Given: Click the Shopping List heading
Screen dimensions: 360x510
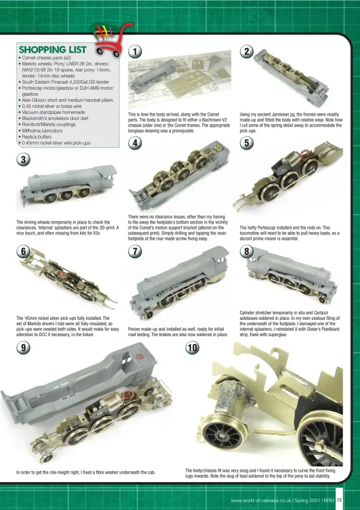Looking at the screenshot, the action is point(53,50).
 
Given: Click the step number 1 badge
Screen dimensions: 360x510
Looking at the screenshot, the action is point(135,51).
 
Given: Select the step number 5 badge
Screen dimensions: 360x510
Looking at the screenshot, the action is point(247,143).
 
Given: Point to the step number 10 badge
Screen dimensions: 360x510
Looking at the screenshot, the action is point(192,348).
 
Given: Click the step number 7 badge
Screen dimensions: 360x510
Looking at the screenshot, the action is point(135,251).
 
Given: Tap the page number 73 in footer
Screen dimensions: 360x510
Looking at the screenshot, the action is point(339,500).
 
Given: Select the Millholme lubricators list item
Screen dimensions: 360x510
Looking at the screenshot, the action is point(42,130).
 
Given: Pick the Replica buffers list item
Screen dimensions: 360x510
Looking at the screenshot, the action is point(36,137).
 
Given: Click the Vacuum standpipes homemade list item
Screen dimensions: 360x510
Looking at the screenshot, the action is point(53,112).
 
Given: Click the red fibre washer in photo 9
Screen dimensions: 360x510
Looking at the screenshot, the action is point(140,356).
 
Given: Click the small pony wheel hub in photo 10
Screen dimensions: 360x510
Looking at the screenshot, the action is point(221,435).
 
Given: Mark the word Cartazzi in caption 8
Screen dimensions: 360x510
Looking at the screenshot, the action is point(321,313).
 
